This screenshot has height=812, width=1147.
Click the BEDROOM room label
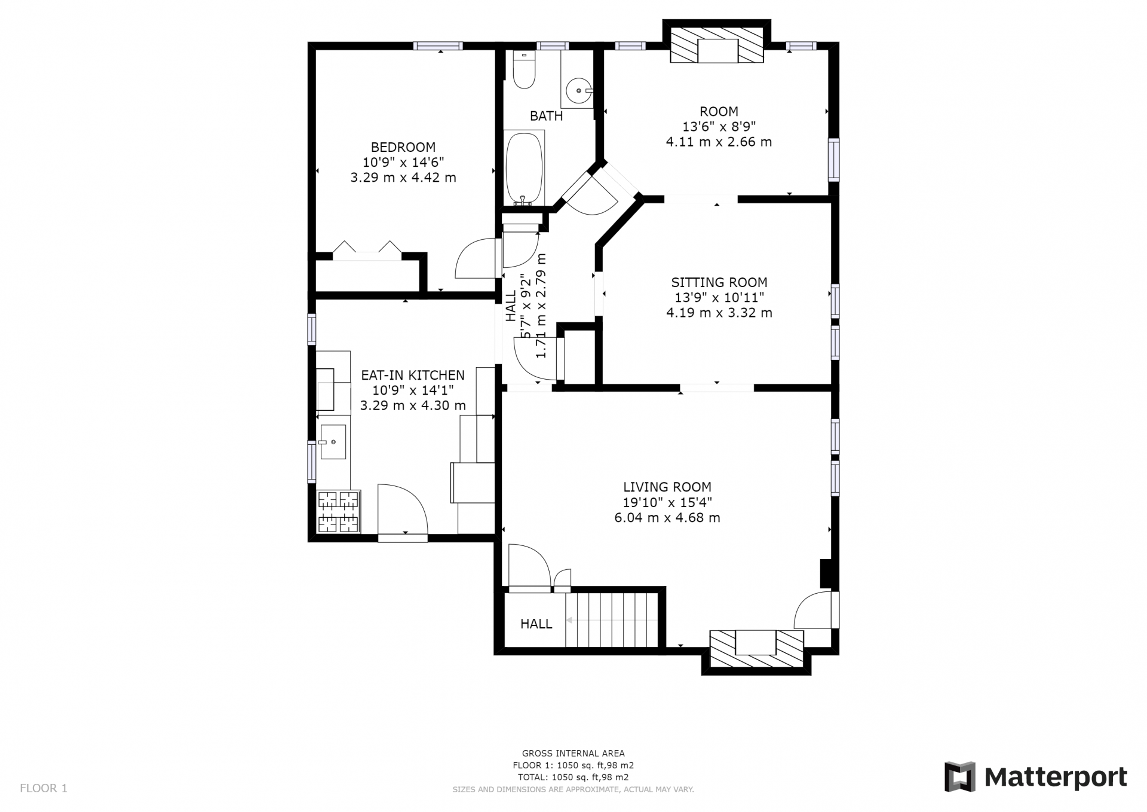[403, 147]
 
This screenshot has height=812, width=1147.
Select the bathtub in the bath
[525, 169]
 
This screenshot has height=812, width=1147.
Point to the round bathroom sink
[579, 91]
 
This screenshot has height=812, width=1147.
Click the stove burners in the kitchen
[339, 512]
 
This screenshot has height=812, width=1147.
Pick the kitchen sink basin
[333, 442]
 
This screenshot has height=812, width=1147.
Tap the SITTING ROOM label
[719, 282]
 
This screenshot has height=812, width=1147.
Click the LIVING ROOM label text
[667, 487]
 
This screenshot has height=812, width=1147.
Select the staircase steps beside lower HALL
[612, 619]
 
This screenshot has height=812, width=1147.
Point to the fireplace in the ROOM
[717, 44]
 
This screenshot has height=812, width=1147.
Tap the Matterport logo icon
[959, 777]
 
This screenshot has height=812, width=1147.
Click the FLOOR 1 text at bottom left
[44, 788]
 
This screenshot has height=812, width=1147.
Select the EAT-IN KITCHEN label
[413, 375]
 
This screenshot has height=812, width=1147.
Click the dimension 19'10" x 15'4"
[667, 502]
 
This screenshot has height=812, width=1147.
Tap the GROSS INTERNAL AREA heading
[573, 753]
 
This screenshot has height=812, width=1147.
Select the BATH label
[546, 116]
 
